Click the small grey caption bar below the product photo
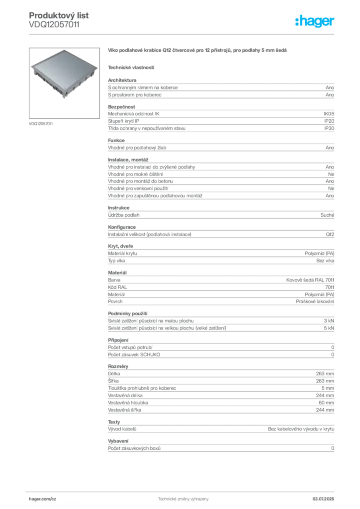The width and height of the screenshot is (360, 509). (x=41, y=123)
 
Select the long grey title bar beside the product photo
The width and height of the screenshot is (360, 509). (x=199, y=51)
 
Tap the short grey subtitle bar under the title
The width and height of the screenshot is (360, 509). (x=131, y=67)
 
